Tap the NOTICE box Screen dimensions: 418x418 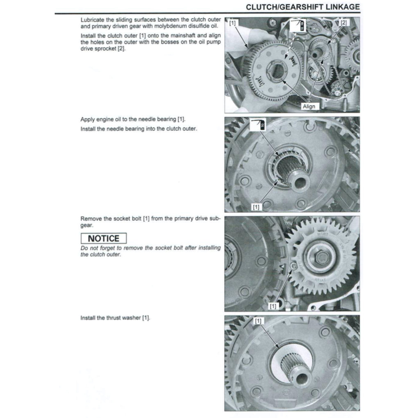pyautogui.click(x=104, y=239)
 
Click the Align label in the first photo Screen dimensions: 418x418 pyautogui.click(x=309, y=106)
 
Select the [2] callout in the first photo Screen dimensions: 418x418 pyautogui.click(x=343, y=23)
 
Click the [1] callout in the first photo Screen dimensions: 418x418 pyautogui.click(x=232, y=23)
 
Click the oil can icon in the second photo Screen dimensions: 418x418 pyautogui.click(x=258, y=124)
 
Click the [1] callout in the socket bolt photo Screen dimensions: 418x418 pyautogui.click(x=273, y=306)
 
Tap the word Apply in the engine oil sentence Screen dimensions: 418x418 pyautogui.click(x=88, y=120)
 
